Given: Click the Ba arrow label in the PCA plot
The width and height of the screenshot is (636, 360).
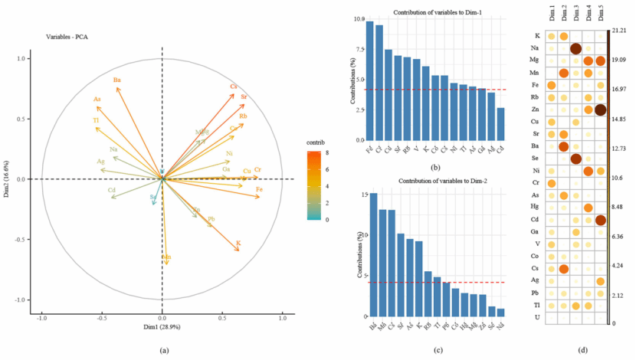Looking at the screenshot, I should (117, 80).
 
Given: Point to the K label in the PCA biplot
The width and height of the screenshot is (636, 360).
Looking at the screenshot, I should (238, 243).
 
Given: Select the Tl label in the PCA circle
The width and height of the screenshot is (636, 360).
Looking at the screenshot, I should (96, 120).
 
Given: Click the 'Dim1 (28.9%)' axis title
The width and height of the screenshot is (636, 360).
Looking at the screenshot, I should (162, 326).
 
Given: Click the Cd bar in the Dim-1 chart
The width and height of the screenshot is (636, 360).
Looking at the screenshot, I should (500, 124).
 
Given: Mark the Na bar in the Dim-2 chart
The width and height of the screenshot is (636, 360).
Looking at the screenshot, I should (500, 313).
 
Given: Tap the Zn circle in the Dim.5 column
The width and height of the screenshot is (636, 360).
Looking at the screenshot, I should (600, 110).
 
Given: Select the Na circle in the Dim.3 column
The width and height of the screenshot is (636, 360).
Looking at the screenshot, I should (575, 48).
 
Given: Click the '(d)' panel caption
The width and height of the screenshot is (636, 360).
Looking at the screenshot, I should (582, 350).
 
